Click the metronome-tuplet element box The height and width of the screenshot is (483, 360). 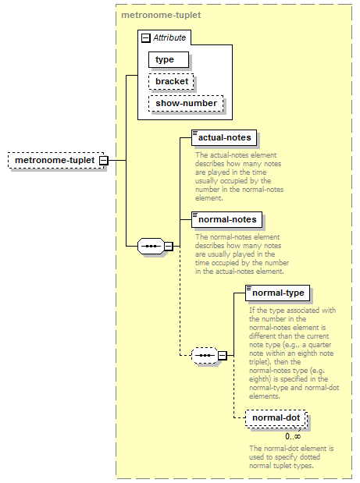55,160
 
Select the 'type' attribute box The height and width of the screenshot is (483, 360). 169,60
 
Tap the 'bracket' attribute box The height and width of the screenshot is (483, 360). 171,82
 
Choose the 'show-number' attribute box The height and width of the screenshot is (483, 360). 186,104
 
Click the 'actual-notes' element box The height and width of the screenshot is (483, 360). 224,137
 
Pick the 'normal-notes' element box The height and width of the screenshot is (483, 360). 226,219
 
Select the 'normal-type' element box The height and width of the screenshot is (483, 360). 277,293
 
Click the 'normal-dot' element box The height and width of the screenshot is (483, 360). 276,418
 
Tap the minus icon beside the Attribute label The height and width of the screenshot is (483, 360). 146,38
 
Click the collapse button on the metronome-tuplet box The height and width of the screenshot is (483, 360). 104,160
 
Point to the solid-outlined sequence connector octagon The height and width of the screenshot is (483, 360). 151,246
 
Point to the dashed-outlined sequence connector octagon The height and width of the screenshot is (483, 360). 205,356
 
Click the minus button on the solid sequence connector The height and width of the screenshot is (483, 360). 169,246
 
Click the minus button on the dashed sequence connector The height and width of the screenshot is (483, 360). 223,356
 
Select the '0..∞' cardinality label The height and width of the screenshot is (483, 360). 293,436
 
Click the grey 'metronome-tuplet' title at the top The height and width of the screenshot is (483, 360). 161,15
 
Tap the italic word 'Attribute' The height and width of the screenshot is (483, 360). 169,37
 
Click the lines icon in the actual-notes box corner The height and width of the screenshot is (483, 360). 194,133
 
